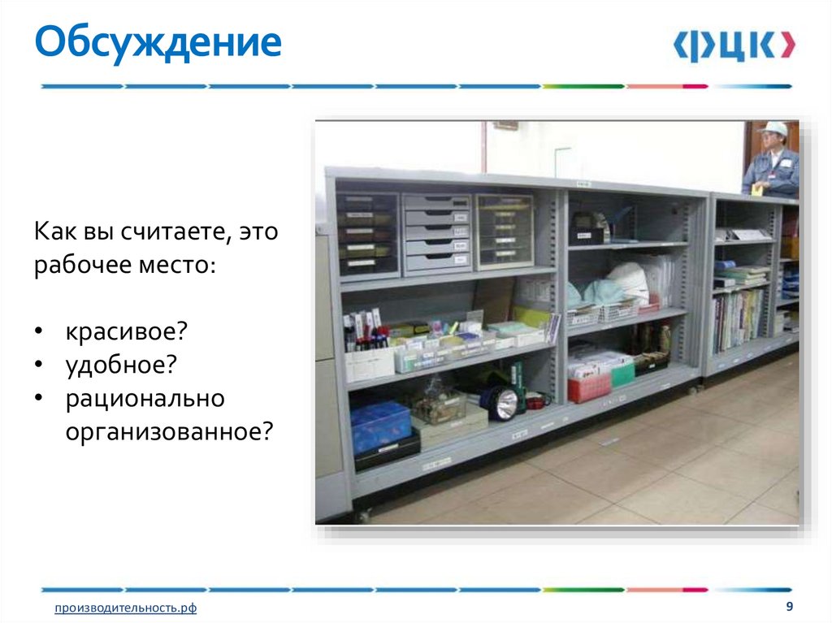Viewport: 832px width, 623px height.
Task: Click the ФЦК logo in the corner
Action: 734,46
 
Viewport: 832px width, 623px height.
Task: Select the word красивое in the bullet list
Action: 127,331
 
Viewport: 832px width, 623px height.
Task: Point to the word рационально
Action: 145,399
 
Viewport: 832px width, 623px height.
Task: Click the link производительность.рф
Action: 126,608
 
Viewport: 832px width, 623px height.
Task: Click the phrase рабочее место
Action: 124,266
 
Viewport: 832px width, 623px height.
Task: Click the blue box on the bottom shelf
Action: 380,424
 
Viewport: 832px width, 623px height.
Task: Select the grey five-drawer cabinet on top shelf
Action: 437,232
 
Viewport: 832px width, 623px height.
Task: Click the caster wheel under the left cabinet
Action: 363,515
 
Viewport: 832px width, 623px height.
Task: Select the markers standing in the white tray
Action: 365,333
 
